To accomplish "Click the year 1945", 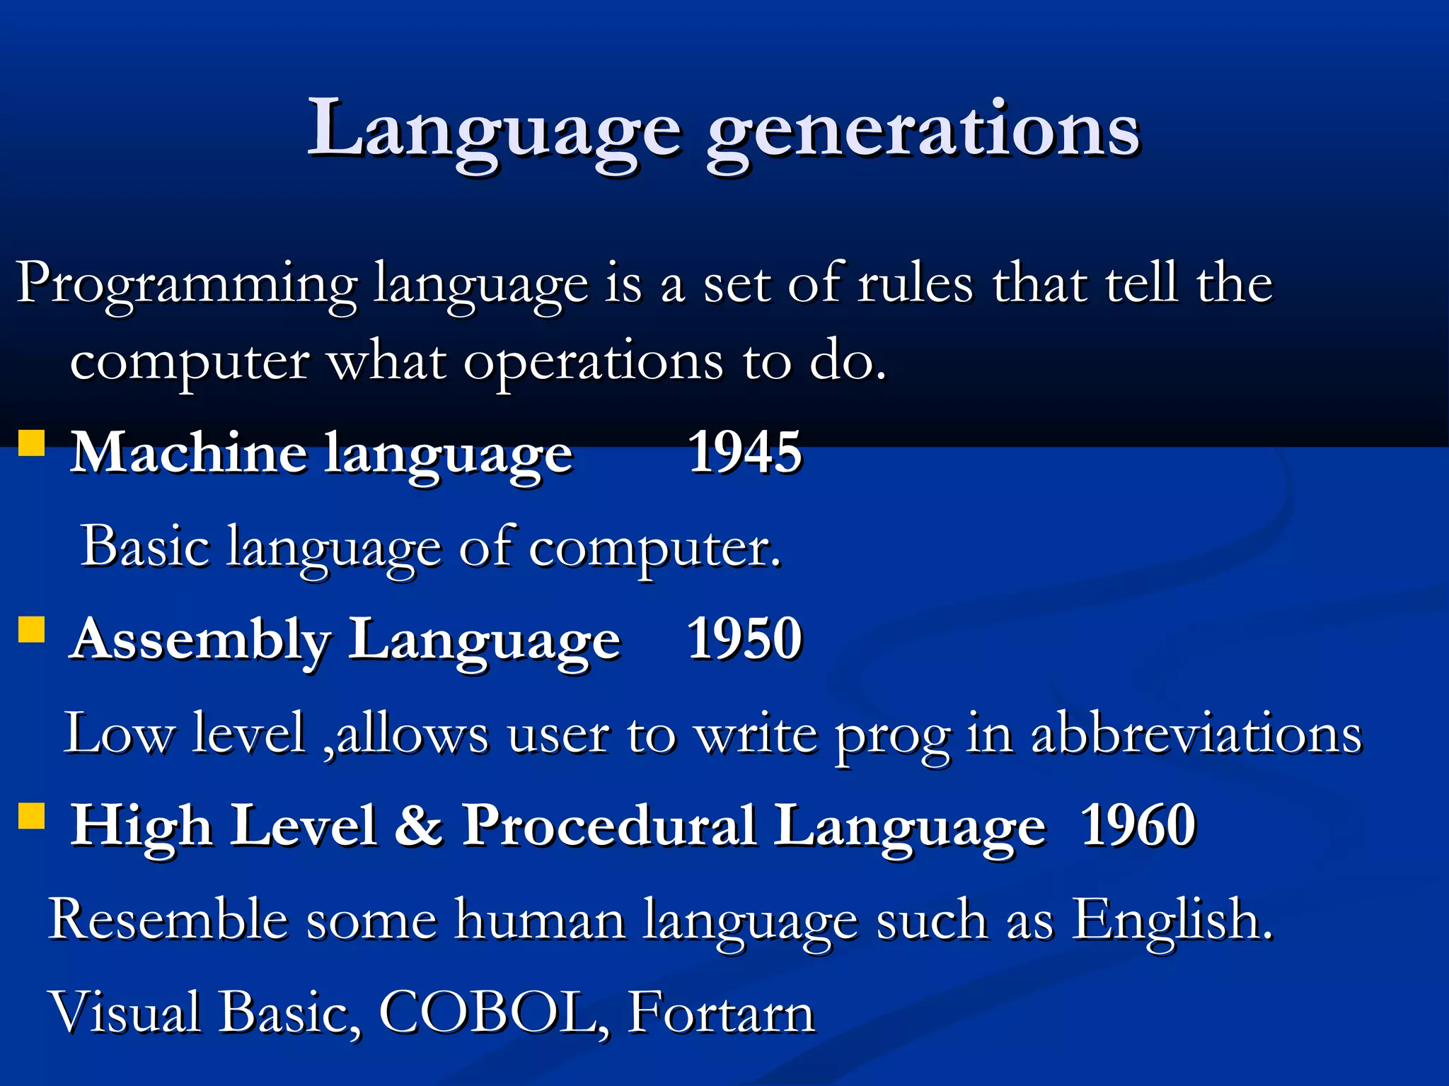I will coord(744,452).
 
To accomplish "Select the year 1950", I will coord(744,638).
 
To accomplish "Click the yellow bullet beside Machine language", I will coord(31,443).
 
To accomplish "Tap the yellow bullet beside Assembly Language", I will coord(31,629).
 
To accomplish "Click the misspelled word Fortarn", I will coord(721,1012).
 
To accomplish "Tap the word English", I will coord(1171,919).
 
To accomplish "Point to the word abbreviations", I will coord(1196,734).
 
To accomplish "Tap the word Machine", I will coord(188,452).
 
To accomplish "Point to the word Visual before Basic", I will coord(125,1012).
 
